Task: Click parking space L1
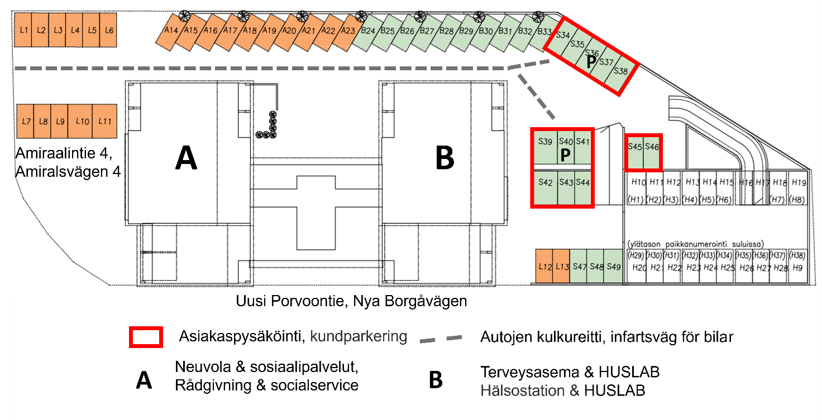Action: (23, 30)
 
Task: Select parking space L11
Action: (104, 121)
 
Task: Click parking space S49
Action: (613, 267)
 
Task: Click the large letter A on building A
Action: (186, 158)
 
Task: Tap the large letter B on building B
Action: (445, 158)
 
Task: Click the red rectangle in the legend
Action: (146, 337)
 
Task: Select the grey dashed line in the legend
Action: (441, 338)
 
